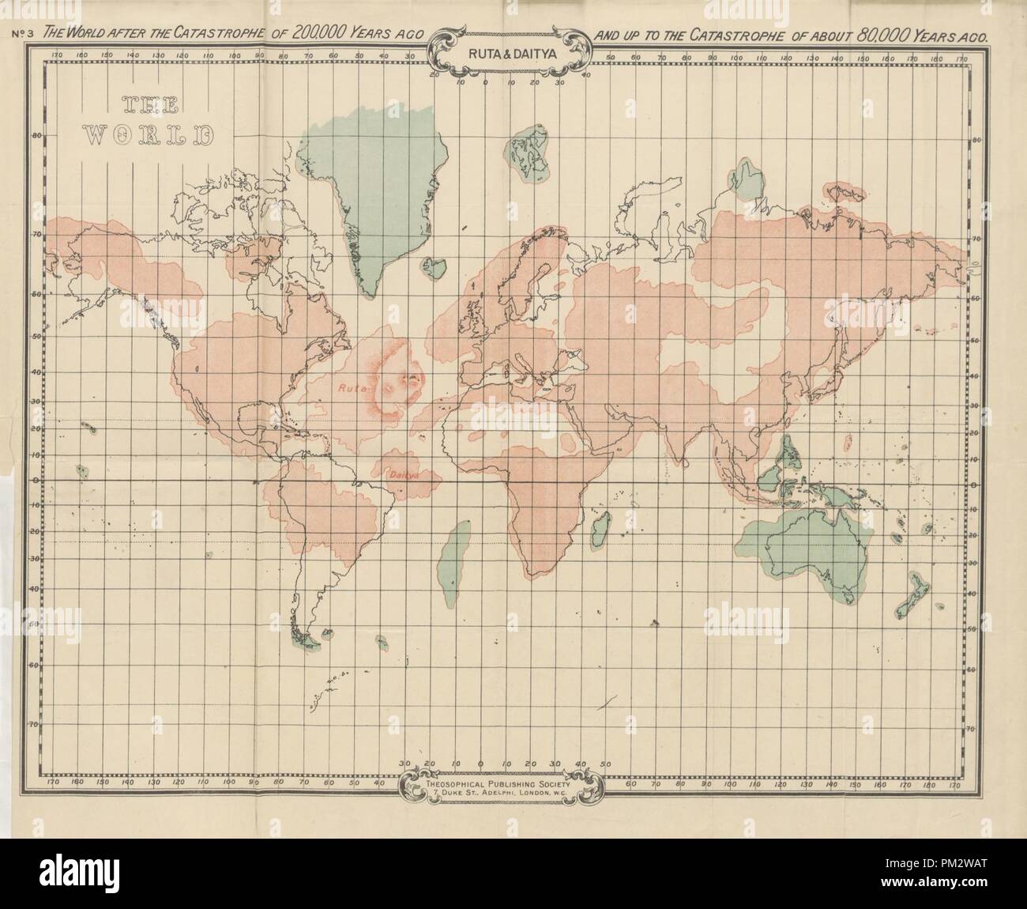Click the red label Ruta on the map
click(348, 388)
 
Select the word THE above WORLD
click(150, 107)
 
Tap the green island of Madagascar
click(601, 522)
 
